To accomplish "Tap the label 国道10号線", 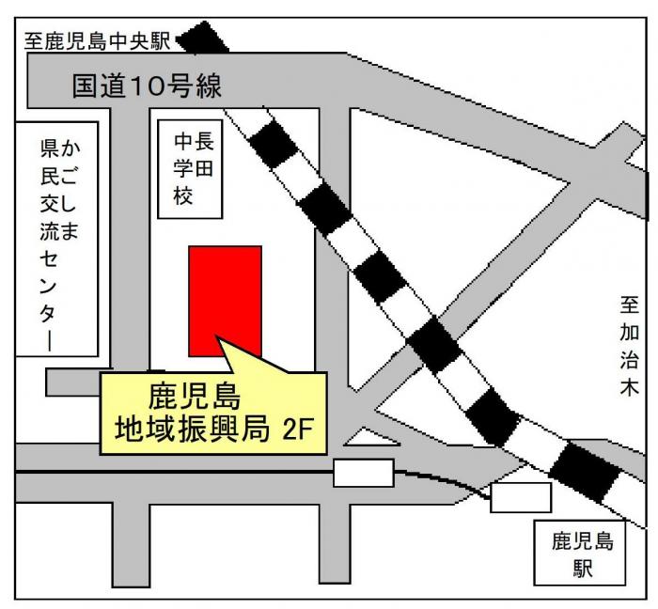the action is (161, 86).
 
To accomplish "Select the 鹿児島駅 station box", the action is (583, 554).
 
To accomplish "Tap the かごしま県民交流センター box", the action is (57, 238).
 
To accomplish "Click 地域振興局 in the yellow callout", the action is (183, 429).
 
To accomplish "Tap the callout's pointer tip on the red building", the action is (218, 337).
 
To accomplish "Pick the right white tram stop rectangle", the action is (520, 496).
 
